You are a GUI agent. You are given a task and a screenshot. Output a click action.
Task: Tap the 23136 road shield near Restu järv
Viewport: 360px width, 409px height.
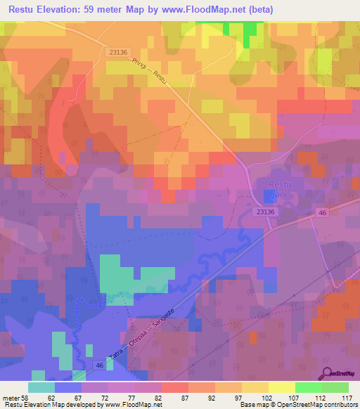pos(265,211)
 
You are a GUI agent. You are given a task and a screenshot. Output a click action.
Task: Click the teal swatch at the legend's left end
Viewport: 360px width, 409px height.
pos(41,387)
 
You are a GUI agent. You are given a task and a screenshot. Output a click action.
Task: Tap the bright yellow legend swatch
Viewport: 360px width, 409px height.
pos(282,387)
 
